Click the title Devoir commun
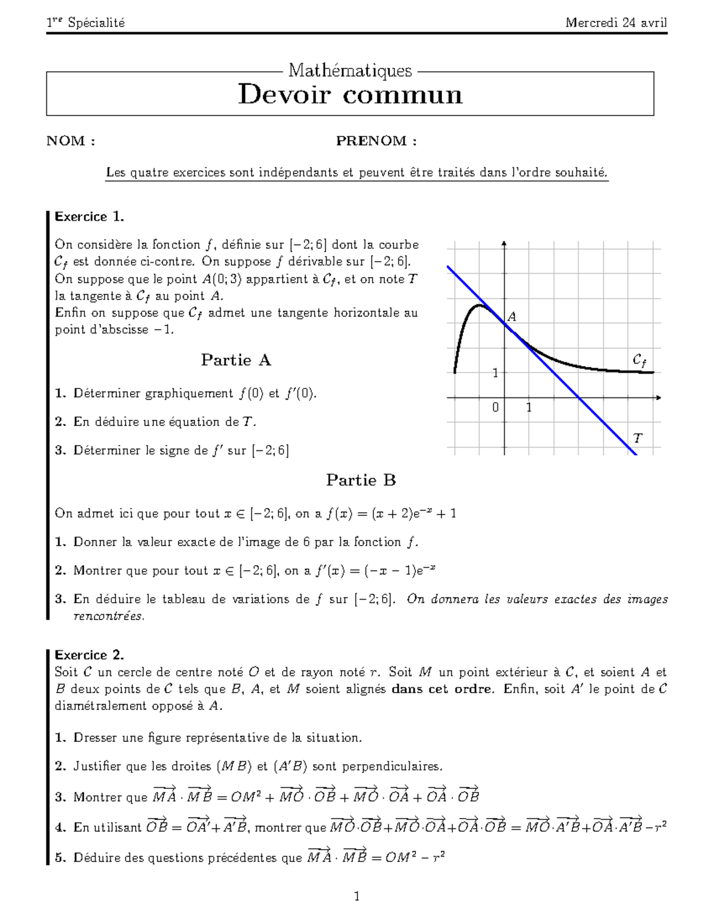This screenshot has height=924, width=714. (350, 95)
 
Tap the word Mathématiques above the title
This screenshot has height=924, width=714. (350, 71)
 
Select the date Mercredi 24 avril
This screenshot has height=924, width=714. (616, 23)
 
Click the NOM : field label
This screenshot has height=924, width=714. (71, 141)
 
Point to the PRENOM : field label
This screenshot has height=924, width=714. (376, 141)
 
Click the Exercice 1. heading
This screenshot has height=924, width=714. (89, 217)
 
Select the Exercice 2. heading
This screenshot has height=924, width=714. (89, 655)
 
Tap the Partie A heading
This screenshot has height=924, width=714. (236, 360)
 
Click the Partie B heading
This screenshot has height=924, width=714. (361, 480)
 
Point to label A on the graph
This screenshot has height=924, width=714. (511, 317)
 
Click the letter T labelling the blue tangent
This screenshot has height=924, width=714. (638, 439)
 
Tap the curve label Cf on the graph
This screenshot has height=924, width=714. (639, 360)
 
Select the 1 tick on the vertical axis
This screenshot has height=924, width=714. (495, 373)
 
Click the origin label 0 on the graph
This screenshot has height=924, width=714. (496, 408)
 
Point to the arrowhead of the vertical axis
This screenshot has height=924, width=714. (504, 242)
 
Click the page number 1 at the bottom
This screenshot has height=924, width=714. (356, 896)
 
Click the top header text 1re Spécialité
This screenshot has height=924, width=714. (86, 23)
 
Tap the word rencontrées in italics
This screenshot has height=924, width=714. (108, 616)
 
